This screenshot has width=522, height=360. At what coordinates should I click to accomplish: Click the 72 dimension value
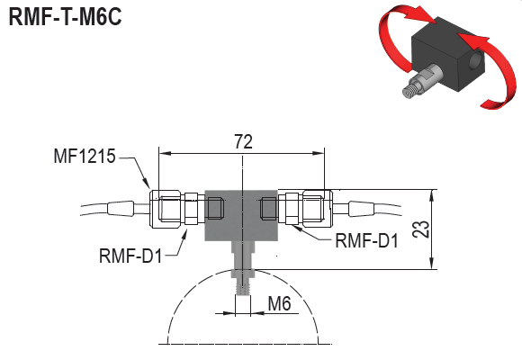point(242,141)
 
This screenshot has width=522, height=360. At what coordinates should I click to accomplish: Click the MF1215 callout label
point(84,158)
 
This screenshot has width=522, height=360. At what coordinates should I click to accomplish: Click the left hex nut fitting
point(168,209)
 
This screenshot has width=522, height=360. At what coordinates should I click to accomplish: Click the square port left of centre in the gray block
point(215,209)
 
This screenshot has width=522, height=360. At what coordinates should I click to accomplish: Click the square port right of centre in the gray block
point(267,209)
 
